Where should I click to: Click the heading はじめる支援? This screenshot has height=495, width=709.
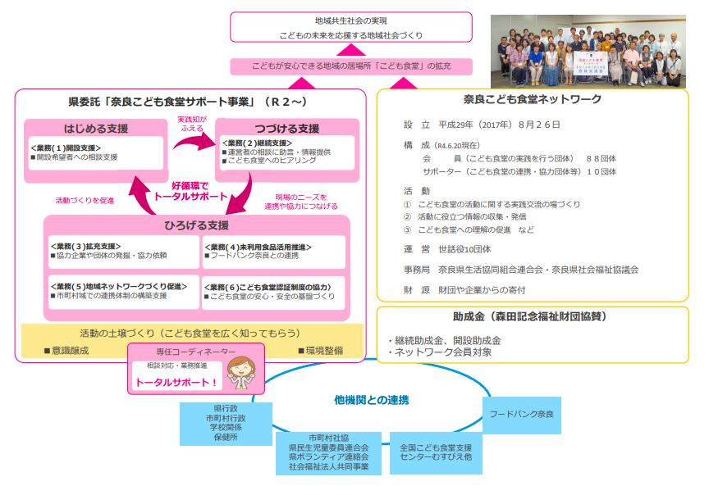pyautogui.click(x=96, y=129)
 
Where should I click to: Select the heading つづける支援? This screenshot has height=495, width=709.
pyautogui.click(x=286, y=129)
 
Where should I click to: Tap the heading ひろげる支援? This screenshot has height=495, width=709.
pyautogui.click(x=196, y=225)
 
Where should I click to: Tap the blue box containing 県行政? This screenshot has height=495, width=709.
pyautogui.click(x=226, y=423)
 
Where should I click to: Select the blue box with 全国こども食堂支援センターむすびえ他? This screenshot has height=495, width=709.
pyautogui.click(x=436, y=452)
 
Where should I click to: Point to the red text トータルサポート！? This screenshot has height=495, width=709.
pyautogui.click(x=177, y=383)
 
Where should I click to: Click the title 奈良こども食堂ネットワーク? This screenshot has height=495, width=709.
pyautogui.click(x=532, y=99)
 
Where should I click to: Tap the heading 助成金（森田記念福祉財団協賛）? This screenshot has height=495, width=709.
pyautogui.click(x=533, y=316)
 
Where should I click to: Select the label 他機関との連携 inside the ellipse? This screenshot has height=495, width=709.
pyautogui.click(x=372, y=400)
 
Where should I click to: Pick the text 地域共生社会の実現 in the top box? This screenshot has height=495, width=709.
pyautogui.click(x=351, y=20)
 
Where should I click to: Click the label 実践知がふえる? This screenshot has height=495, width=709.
pyautogui.click(x=191, y=124)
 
